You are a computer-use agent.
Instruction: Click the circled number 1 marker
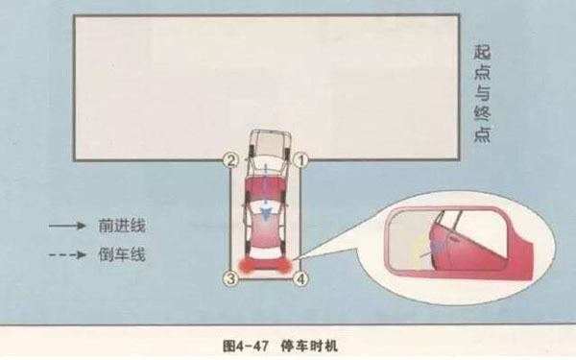point(300,160)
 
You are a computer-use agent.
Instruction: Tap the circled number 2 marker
point(229,160)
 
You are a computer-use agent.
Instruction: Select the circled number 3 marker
point(229,279)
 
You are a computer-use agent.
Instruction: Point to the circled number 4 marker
point(301,279)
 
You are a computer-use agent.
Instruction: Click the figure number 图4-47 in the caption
point(246,342)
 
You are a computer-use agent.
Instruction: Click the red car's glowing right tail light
point(284,263)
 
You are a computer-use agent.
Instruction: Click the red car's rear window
point(266,243)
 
